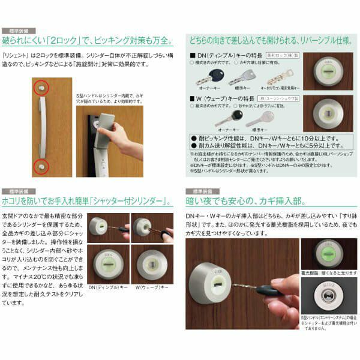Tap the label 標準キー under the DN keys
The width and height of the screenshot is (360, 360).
pos(243,88)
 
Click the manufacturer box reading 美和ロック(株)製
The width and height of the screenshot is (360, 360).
pos(281,54)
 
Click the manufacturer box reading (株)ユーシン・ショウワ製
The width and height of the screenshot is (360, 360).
pos(277,97)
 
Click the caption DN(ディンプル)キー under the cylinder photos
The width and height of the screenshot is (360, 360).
pos(108,287)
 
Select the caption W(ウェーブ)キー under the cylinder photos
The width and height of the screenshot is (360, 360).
pos(152,287)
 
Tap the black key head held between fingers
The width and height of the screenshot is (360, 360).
pos(268,292)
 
